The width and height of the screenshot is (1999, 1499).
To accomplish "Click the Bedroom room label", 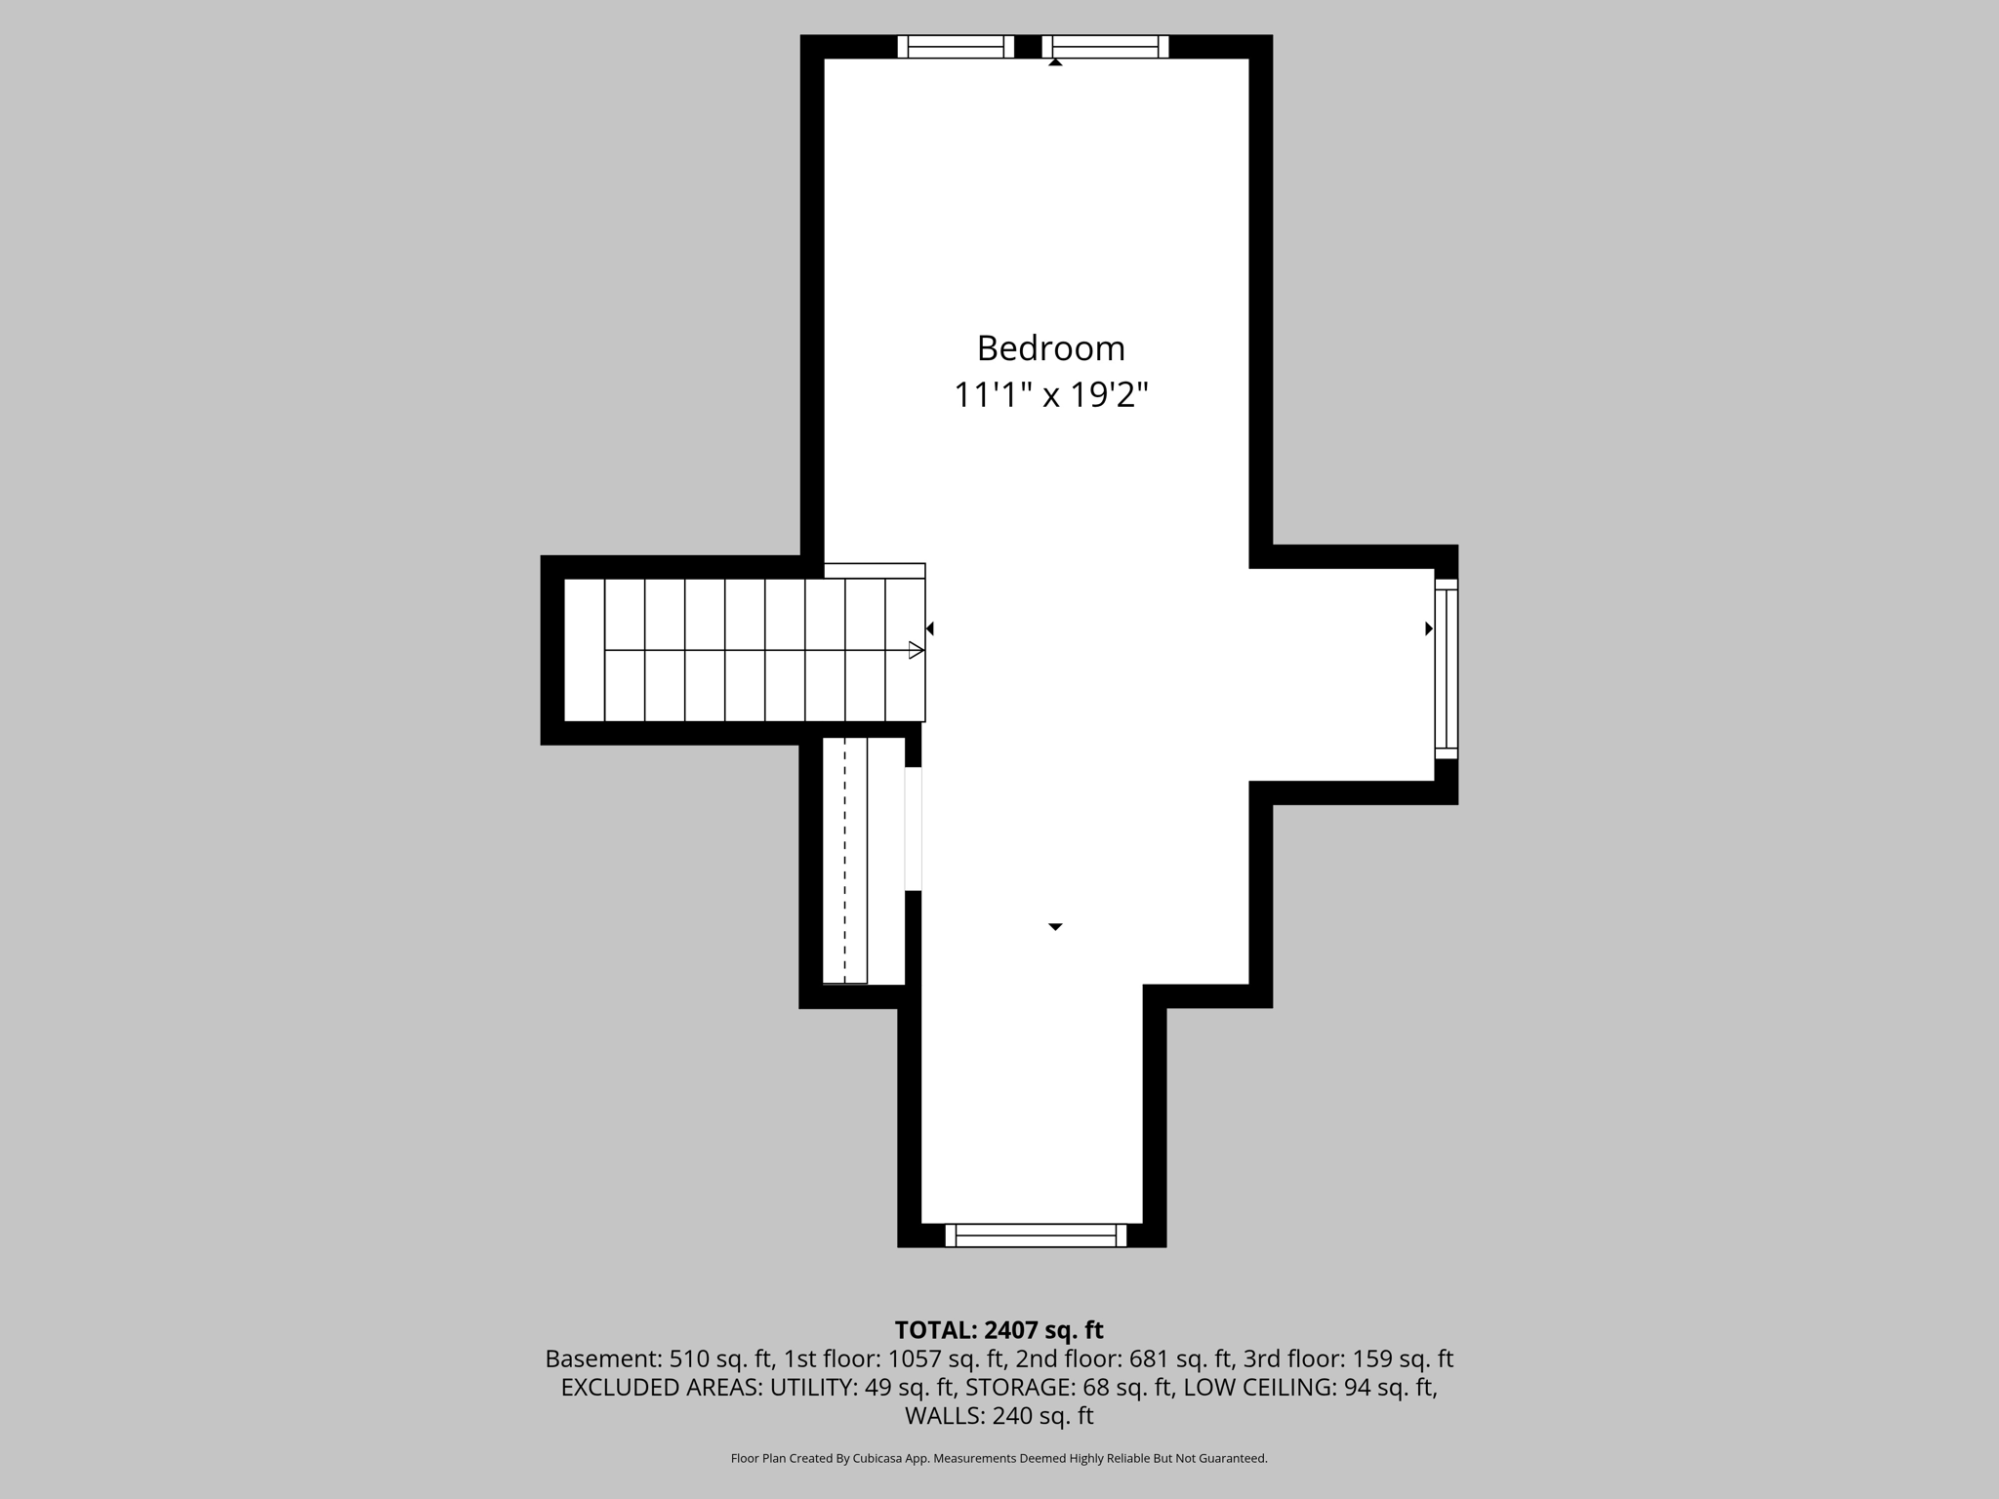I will point(1050,348).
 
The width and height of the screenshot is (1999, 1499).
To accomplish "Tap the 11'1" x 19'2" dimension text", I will point(1050,395).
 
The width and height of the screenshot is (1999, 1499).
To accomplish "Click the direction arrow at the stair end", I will point(916,650).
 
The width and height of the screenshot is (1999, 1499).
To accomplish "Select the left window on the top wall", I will point(956,47).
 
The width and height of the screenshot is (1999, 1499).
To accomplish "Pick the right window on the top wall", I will point(1105,47).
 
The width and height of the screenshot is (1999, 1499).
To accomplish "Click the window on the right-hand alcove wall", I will point(1446,668).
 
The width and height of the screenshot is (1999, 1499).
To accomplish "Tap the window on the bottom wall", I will point(1036,1236).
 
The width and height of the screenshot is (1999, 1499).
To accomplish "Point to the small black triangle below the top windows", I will point(1055,62).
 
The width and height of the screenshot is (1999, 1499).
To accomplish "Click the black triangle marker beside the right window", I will point(1429,628).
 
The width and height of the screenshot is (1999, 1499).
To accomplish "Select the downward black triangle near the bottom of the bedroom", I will point(1055,926).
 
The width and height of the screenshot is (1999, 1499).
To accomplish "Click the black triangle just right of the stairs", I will point(930,628).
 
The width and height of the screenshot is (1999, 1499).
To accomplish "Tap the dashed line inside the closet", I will point(844,859).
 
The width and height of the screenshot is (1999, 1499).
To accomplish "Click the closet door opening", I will point(913,830).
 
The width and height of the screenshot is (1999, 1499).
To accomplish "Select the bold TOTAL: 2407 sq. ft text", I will point(999,1330).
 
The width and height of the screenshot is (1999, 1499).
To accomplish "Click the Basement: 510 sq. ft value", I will point(659,1358).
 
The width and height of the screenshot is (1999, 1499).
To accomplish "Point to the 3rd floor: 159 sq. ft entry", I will point(1348,1358).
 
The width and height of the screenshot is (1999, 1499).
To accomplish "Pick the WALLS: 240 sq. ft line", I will point(999,1415).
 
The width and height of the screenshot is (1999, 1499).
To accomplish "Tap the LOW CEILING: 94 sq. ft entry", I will point(1309,1387).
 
